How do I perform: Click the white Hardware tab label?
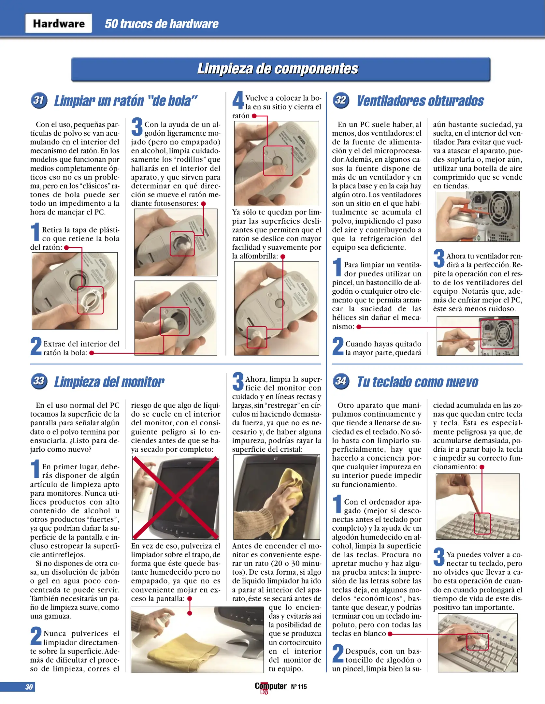pos(59,23)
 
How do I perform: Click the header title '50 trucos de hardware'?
pos(161,24)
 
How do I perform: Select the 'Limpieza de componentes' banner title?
pos(278,69)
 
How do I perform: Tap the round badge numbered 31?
pos(39,100)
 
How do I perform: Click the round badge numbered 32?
pos(341,100)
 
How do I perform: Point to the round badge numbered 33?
pos(39,381)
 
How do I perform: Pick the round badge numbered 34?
pos(341,381)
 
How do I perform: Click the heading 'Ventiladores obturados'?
pos(420,101)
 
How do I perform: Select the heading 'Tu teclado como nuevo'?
pos(417,382)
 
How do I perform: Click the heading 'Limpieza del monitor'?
pos(109,382)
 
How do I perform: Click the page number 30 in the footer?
pos(29,687)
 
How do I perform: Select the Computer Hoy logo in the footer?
pos(270,687)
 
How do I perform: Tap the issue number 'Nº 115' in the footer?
pos(299,687)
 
